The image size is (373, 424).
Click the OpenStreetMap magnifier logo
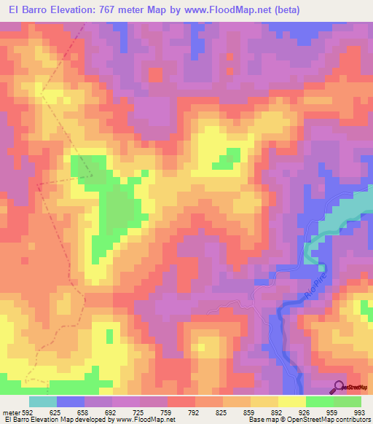pyautogui.click(x=339, y=386)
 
